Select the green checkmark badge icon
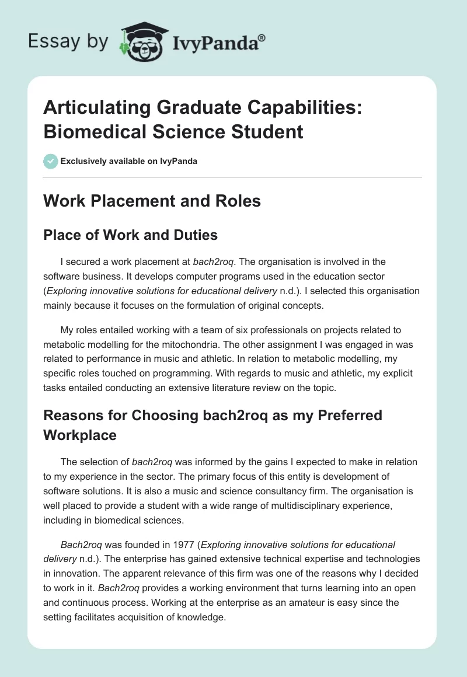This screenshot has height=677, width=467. (x=51, y=161)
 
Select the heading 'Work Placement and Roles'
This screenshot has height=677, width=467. (x=152, y=201)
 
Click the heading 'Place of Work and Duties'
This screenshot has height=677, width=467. (x=131, y=235)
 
